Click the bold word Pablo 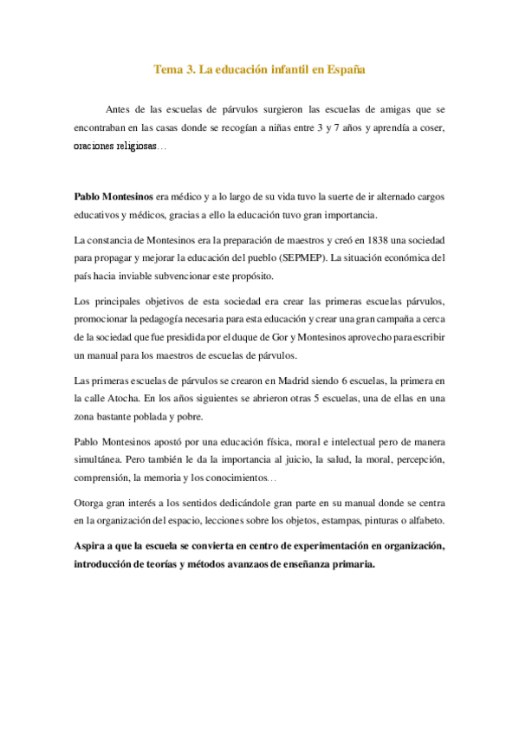pos(88,197)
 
